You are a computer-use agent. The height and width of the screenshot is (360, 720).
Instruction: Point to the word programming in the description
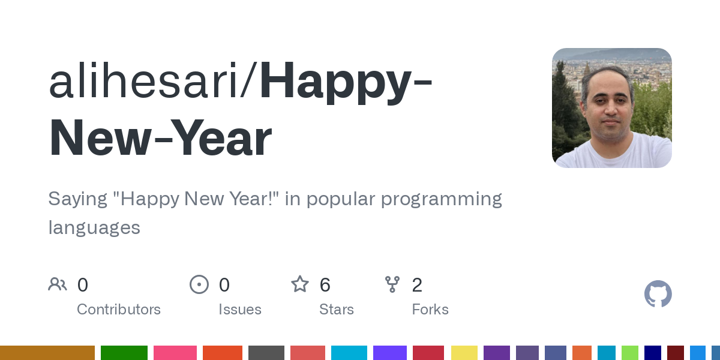click(442, 199)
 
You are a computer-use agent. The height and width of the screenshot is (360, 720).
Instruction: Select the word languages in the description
click(94, 227)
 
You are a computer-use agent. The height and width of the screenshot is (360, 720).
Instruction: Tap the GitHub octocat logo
click(658, 294)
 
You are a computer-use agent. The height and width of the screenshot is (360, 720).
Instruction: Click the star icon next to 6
click(300, 284)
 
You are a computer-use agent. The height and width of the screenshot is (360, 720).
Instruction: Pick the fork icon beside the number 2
click(392, 284)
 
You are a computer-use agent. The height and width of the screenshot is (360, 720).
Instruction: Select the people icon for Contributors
click(58, 284)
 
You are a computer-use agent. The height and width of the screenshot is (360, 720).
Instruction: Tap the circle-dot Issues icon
click(199, 284)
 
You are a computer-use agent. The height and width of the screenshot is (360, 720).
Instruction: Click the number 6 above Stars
click(325, 285)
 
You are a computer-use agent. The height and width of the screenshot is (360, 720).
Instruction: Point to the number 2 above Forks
click(417, 285)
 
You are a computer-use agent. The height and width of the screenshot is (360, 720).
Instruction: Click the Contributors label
click(119, 310)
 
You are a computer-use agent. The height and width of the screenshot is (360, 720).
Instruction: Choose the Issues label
click(240, 310)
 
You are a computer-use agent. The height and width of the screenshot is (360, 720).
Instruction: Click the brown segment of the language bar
click(47, 353)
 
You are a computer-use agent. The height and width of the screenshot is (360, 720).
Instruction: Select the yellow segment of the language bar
click(464, 353)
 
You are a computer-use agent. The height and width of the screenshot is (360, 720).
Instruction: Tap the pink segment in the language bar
click(175, 353)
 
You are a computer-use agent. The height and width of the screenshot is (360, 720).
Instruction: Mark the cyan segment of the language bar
click(349, 353)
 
